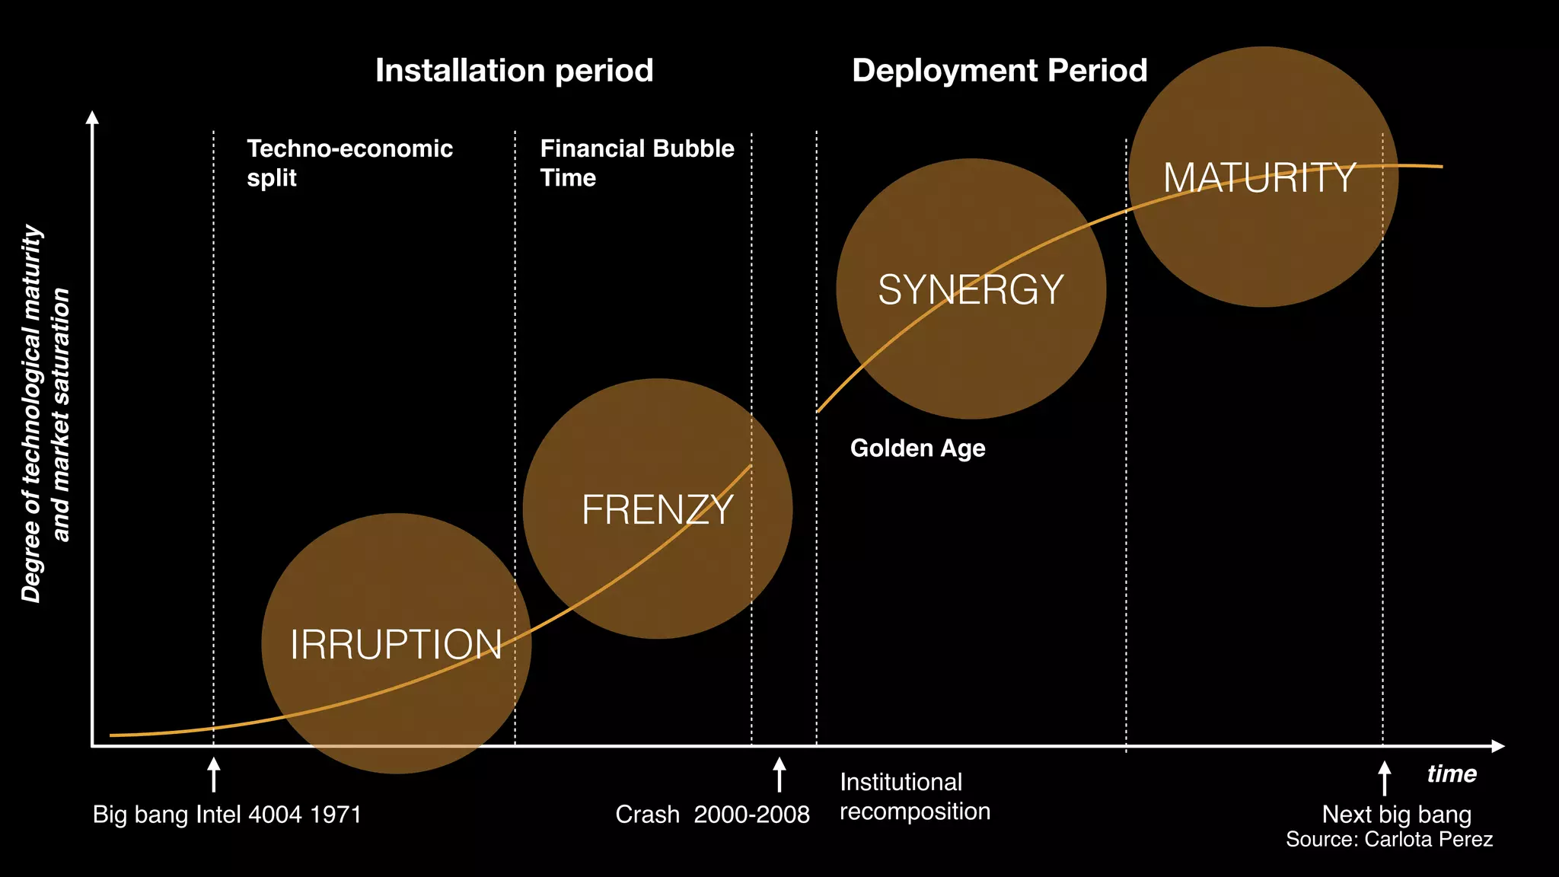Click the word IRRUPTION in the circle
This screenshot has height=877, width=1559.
[x=396, y=645]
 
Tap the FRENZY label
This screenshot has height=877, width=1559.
[x=657, y=510]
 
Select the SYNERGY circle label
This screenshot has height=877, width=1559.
[x=971, y=290]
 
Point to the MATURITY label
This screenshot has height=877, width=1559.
[x=1259, y=178]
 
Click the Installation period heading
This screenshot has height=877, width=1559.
[x=514, y=71]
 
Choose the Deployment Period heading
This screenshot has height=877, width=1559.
[x=999, y=71]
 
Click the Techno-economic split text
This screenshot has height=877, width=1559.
[x=349, y=162]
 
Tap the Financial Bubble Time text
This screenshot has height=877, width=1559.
[x=636, y=162]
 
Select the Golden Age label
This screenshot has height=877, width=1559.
[x=917, y=448]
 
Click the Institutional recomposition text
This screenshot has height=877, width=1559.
[x=914, y=796]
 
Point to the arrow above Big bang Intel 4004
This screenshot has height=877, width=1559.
[x=214, y=774]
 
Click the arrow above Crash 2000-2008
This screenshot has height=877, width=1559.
[x=779, y=774]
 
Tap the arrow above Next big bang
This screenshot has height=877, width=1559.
[x=1384, y=777]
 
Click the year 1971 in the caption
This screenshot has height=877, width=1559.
[x=336, y=815]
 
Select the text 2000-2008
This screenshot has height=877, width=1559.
[x=751, y=815]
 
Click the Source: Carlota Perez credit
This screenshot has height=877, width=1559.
[x=1388, y=840]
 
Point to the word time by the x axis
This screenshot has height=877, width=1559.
[x=1451, y=774]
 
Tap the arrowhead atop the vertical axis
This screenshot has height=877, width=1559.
[x=92, y=117]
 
